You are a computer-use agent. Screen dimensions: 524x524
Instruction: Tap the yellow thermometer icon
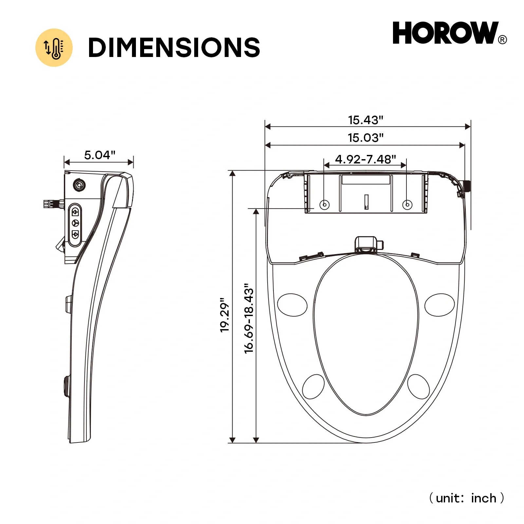point(54,48)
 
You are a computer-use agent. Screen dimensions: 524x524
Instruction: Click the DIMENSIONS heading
point(174,48)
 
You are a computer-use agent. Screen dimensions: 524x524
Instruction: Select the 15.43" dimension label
point(365,120)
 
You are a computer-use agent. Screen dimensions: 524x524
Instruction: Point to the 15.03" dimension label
point(365,138)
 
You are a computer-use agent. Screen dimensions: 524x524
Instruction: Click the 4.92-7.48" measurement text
point(365,159)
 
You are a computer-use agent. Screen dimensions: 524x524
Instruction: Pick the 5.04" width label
point(100,155)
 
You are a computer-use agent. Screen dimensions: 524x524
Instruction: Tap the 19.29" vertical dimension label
point(225,315)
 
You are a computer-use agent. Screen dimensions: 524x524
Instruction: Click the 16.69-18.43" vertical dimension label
point(249,318)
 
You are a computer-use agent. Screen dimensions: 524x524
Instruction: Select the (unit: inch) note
point(466,498)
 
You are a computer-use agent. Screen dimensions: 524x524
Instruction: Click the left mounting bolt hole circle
point(325,205)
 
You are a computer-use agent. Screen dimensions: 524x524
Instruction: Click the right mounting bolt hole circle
point(407,205)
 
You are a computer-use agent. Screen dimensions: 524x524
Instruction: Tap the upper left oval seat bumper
point(292,305)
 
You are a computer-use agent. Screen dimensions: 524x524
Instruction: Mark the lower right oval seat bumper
point(418,387)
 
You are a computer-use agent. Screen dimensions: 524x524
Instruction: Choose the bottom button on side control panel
point(75,234)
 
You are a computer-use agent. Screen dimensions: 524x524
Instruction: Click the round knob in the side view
point(79,186)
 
